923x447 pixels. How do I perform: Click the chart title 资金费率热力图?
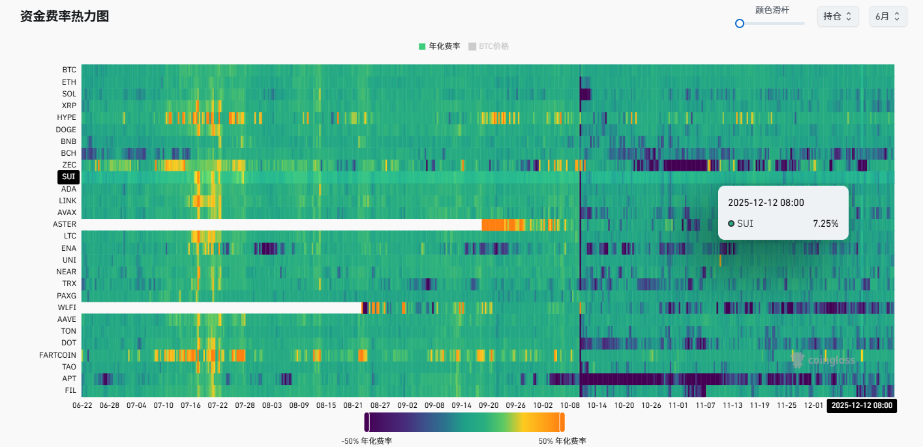pyautogui.click(x=65, y=16)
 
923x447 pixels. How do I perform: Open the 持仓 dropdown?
pyautogui.click(x=838, y=16)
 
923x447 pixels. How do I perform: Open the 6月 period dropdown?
pyautogui.click(x=888, y=16)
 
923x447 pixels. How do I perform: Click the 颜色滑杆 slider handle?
pyautogui.click(x=740, y=23)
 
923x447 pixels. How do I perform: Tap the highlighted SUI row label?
pyautogui.click(x=68, y=177)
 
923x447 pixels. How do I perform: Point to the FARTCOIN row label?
pyautogui.click(x=57, y=355)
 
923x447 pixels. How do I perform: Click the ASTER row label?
pyautogui.click(x=65, y=224)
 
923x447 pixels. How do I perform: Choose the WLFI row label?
pyautogui.click(x=67, y=308)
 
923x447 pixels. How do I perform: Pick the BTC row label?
pyautogui.click(x=69, y=70)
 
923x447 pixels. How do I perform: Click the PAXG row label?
pyautogui.click(x=67, y=296)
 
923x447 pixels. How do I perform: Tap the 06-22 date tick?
pyautogui.click(x=82, y=405)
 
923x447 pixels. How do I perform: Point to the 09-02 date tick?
pyautogui.click(x=408, y=405)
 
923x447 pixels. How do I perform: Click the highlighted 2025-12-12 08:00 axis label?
pyautogui.click(x=861, y=405)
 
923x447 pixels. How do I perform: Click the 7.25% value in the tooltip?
pyautogui.click(x=825, y=223)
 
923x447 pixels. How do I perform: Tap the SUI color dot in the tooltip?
pyautogui.click(x=731, y=223)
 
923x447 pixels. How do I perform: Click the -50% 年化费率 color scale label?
pyautogui.click(x=367, y=441)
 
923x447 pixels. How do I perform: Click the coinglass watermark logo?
pyautogui.click(x=823, y=360)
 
